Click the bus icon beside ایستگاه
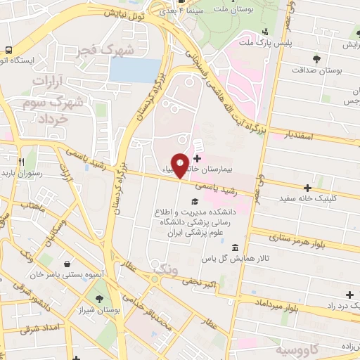pyautogui.click(x=8, y=50)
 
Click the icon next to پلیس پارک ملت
pyautogui.click(x=265, y=32)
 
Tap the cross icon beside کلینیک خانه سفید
pyautogui.click(x=308, y=188)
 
